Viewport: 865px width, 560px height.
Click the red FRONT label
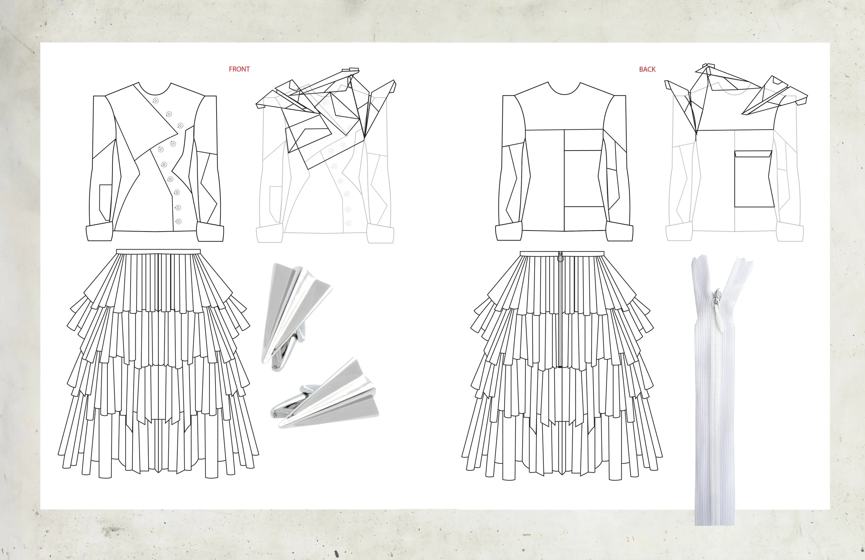point(239,69)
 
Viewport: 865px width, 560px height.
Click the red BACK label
point(647,69)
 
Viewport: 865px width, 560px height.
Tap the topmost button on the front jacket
point(156,101)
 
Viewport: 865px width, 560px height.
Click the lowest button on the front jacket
point(179,221)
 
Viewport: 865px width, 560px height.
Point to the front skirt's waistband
point(158,252)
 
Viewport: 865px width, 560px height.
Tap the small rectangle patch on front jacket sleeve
point(106,198)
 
